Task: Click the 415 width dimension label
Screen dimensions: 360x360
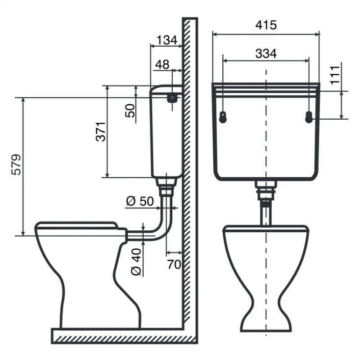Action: pyautogui.click(x=266, y=25)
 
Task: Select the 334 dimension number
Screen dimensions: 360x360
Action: pyautogui.click(x=266, y=54)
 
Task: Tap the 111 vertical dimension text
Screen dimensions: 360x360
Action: pyautogui.click(x=335, y=75)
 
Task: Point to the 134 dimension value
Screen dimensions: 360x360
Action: pyautogui.click(x=167, y=40)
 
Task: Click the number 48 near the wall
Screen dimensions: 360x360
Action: pyautogui.click(x=162, y=64)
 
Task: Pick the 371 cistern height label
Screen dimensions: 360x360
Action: pyautogui.click(x=101, y=131)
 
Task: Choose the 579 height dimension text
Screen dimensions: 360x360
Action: pyautogui.click(x=16, y=165)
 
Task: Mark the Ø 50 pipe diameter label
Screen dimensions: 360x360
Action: pyautogui.click(x=140, y=201)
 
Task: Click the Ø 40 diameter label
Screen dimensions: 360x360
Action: pyautogui.click(x=136, y=262)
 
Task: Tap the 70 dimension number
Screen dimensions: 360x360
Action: pyautogui.click(x=174, y=264)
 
